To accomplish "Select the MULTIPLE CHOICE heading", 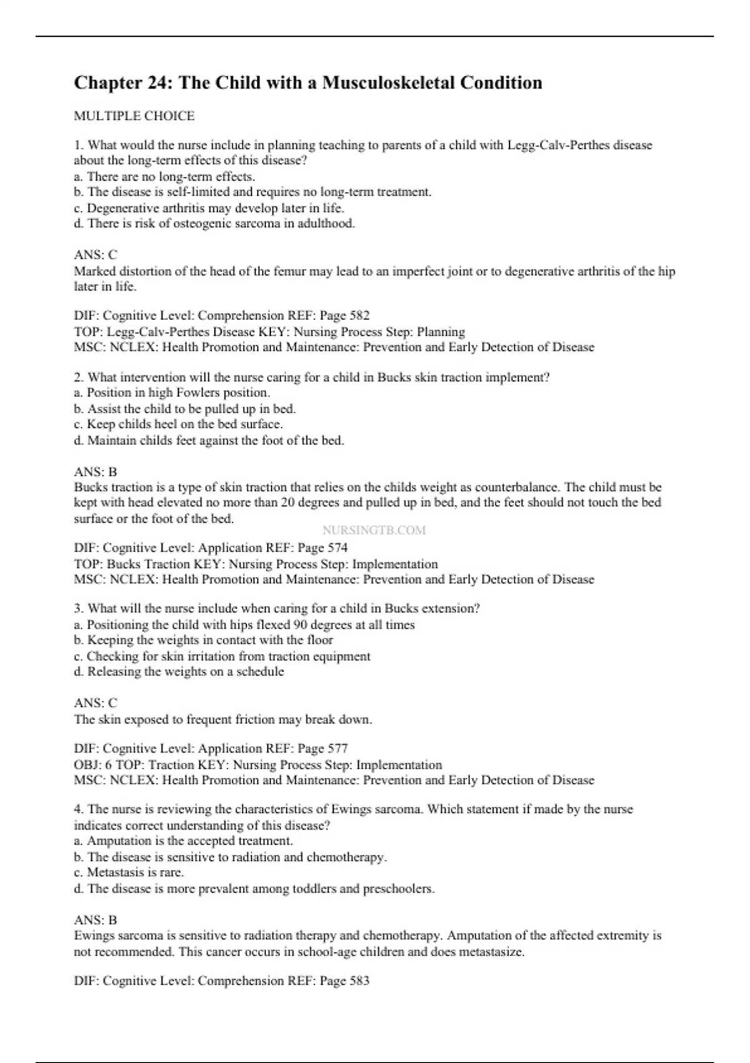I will [x=134, y=116].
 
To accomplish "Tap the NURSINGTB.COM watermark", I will [x=374, y=530].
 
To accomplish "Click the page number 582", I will [x=357, y=315].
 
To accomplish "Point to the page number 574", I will [x=335, y=548].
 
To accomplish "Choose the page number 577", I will [x=335, y=748].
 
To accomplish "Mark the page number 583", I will [x=357, y=980].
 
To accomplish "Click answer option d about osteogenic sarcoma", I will [x=214, y=223].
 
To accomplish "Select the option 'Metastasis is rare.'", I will [x=129, y=872].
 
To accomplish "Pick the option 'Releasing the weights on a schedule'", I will [x=179, y=672].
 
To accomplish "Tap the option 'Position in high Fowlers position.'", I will [x=172, y=393].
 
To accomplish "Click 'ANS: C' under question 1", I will [x=96, y=254].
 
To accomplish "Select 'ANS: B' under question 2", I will [x=96, y=471].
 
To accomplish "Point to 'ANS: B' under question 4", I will [x=96, y=920].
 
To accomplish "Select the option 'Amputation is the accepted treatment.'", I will [x=184, y=841].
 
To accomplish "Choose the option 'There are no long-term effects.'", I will [x=165, y=176].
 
